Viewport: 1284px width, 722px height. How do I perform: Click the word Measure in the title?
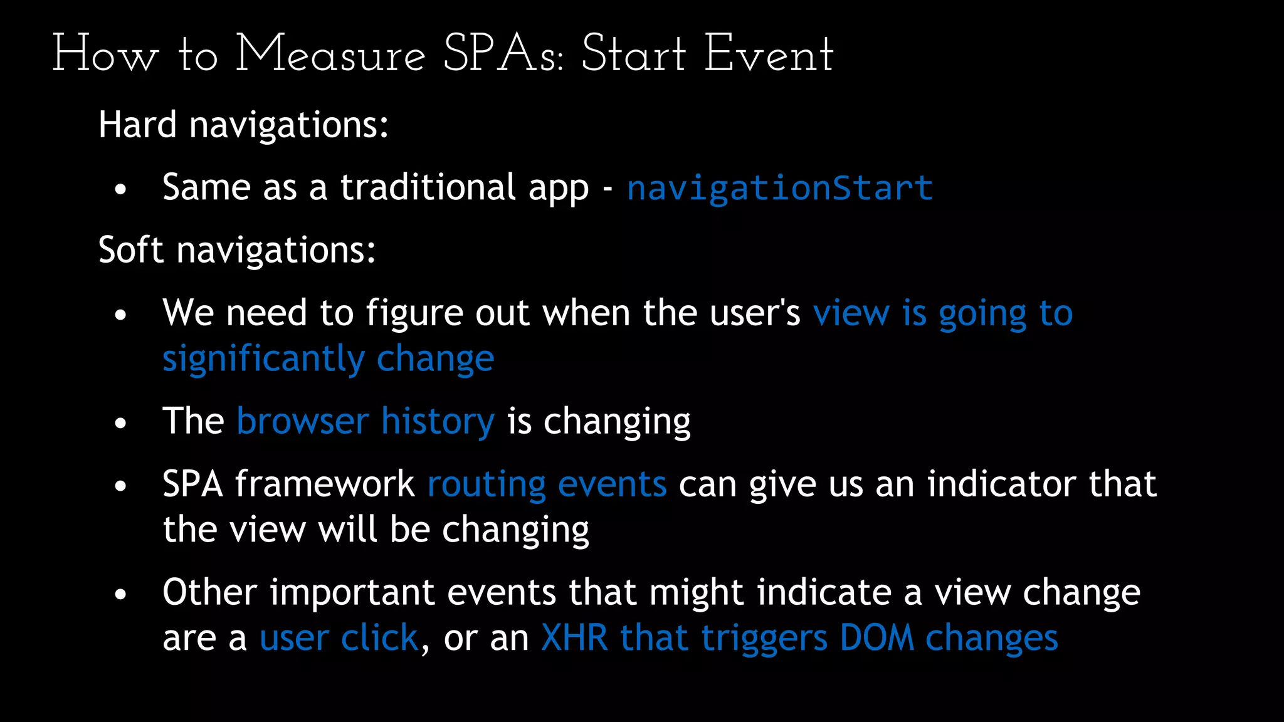pos(330,55)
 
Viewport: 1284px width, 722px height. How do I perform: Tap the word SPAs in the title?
pos(502,55)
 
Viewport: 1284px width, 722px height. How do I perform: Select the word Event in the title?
pos(769,55)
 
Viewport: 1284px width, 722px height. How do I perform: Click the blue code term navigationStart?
pos(780,188)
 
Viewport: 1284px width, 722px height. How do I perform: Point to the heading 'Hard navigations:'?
pos(243,125)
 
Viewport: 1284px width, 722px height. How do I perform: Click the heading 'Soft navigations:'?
pos(237,250)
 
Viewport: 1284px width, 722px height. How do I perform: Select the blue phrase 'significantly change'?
pos(328,358)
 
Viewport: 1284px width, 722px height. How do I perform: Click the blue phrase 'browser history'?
pos(366,421)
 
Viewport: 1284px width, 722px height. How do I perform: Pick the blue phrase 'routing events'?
pos(547,484)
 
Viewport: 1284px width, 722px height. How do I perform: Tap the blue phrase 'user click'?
pos(339,638)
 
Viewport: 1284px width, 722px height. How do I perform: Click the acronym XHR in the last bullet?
pos(574,638)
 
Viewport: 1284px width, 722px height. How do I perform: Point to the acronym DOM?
pos(876,638)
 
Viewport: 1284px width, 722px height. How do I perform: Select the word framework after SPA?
pos(325,484)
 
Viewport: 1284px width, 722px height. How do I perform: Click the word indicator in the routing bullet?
pos(1002,484)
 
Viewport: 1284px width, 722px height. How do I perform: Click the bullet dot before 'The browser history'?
pos(121,423)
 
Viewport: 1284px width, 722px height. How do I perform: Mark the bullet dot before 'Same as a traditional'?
pos(121,189)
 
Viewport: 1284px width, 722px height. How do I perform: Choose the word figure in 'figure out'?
pos(414,313)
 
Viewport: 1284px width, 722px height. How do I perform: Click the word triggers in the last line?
pos(764,638)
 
